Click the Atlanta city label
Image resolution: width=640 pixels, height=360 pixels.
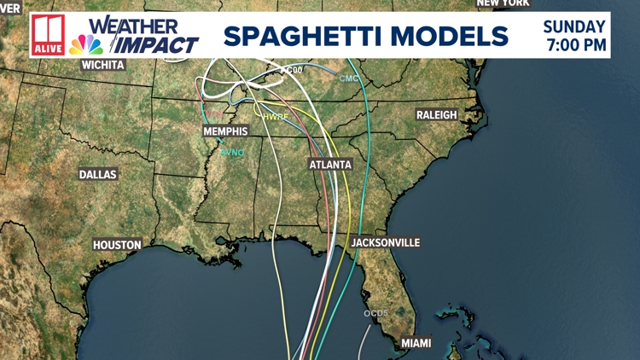point(330,164)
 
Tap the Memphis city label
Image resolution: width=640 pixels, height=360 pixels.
point(225,131)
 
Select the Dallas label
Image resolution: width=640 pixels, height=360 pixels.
point(97,174)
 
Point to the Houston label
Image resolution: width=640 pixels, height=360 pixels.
point(117,245)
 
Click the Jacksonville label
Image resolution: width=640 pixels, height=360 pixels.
point(386,243)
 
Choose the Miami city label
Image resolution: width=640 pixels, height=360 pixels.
point(416,343)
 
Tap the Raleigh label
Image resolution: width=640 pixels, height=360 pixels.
point(437,114)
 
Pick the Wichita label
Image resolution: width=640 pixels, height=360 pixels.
point(102,65)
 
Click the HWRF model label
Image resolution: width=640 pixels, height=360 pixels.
point(276,116)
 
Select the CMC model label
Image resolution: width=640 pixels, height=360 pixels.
point(349,78)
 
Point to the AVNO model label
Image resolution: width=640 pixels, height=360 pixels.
point(231,153)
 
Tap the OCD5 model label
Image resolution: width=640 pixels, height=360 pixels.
point(376,313)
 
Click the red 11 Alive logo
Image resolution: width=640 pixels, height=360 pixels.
point(47,36)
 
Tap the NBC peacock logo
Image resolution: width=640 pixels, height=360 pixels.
point(86,44)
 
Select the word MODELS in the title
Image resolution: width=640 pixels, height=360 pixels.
point(461,36)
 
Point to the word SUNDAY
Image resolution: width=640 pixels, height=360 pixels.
point(575,27)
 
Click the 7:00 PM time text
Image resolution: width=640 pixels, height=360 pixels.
point(575,44)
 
